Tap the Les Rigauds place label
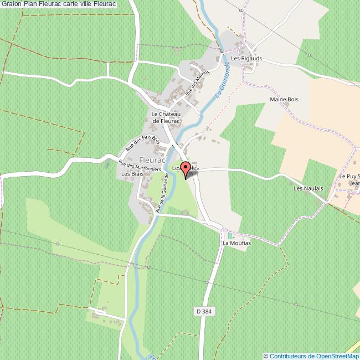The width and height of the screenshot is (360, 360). (246, 58)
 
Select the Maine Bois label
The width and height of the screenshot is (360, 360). (284, 99)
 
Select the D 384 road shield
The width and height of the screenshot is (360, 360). (204, 312)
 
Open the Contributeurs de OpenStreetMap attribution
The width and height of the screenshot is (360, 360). (312, 356)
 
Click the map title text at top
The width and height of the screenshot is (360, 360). (59, 4)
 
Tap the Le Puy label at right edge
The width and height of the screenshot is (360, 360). (349, 176)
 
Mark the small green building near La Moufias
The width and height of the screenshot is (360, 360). (230, 236)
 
